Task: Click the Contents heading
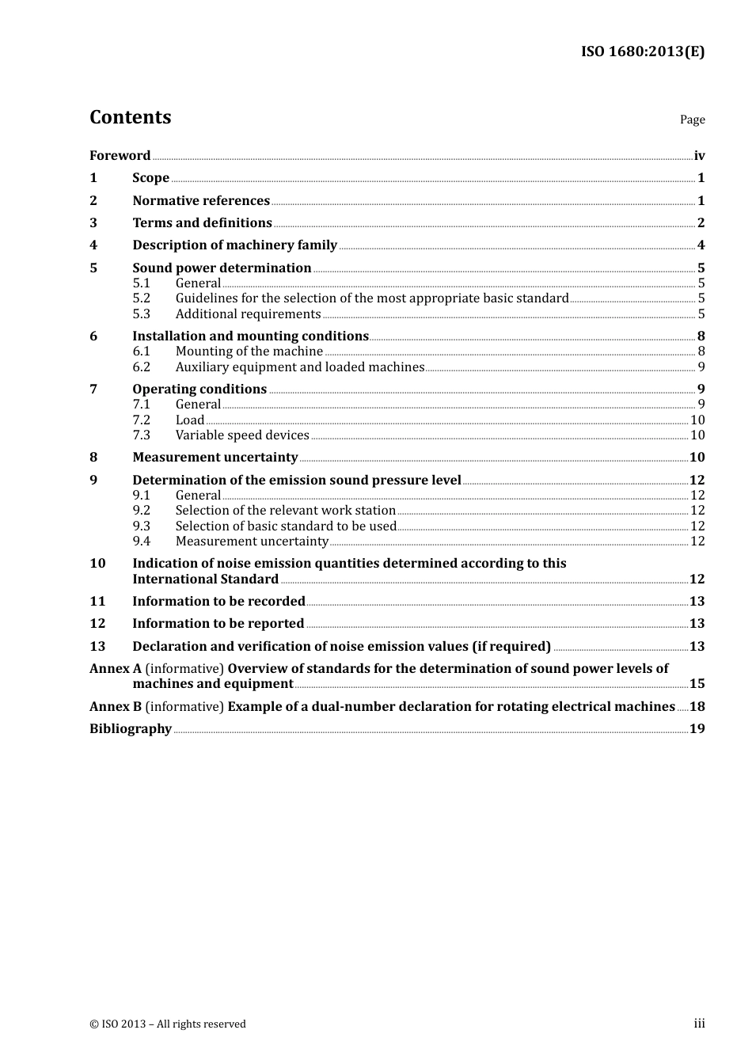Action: pos(130,117)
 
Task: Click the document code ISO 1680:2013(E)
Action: pos(642,51)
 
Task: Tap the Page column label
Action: pos(692,120)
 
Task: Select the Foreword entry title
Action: pos(120,156)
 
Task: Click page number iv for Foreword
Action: pos(699,156)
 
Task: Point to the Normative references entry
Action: pos(201,201)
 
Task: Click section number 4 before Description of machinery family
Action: pos(93,245)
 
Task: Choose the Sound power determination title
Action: pos(222,268)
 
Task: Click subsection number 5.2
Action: pos(141,298)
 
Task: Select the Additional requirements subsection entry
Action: pos(248,314)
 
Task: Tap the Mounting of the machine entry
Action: pos(249,351)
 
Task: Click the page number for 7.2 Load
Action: pos(697,420)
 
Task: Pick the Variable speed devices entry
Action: pos(242,435)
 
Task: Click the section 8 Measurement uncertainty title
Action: pos(215,458)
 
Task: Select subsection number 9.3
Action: pos(141,526)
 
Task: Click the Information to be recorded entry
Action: pos(218,602)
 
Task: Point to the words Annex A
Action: pos(115,669)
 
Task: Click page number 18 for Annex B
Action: pos(697,707)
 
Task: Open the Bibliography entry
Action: pos(131,729)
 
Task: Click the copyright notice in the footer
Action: pos(168,1024)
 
